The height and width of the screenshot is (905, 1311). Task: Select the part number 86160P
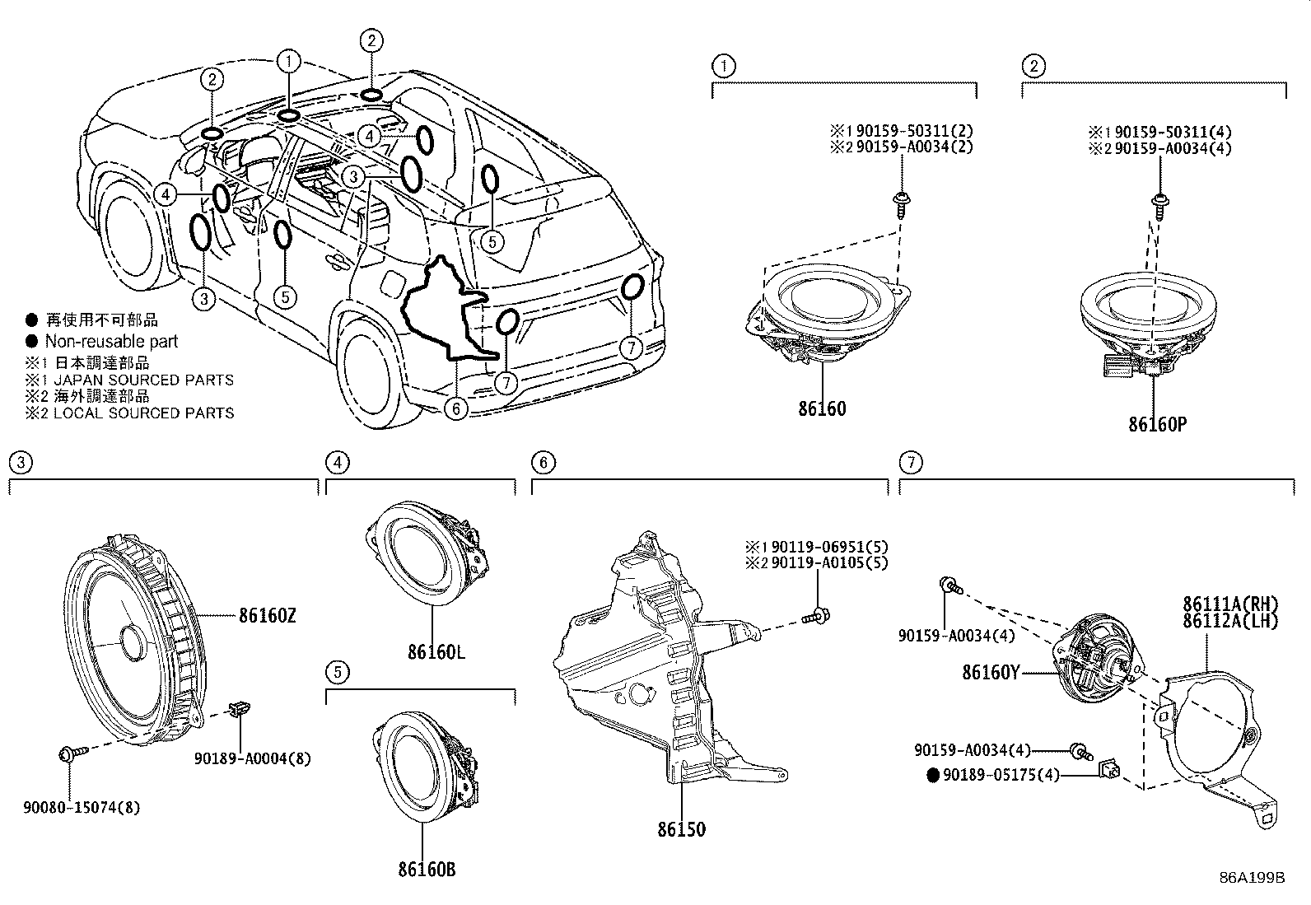click(x=1157, y=424)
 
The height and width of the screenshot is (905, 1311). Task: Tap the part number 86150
click(x=681, y=829)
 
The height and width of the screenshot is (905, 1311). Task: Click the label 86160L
click(x=436, y=652)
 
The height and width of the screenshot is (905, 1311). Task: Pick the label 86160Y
click(x=991, y=672)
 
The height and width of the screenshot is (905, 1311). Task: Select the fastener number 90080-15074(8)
click(x=81, y=808)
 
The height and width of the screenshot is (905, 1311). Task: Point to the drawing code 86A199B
click(x=1252, y=878)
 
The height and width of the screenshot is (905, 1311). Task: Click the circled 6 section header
click(x=542, y=463)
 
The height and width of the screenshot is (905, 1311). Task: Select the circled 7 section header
click(x=909, y=463)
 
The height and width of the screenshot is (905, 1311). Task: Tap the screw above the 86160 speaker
click(x=900, y=202)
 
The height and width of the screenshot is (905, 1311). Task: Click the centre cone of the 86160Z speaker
click(x=129, y=643)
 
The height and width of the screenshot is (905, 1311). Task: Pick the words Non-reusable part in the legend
click(x=111, y=341)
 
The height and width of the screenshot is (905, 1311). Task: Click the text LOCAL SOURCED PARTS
click(x=144, y=413)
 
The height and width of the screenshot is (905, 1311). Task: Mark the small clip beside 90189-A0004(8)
click(x=240, y=707)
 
